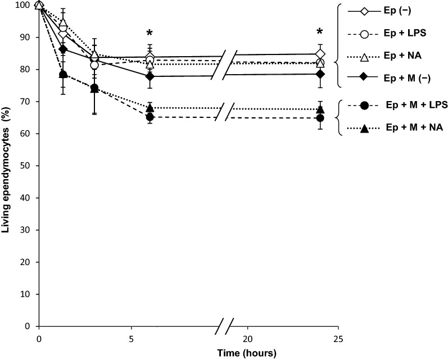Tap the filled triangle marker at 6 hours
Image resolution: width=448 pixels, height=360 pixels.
[150, 108]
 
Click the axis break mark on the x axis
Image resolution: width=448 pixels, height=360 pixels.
[224, 326]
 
